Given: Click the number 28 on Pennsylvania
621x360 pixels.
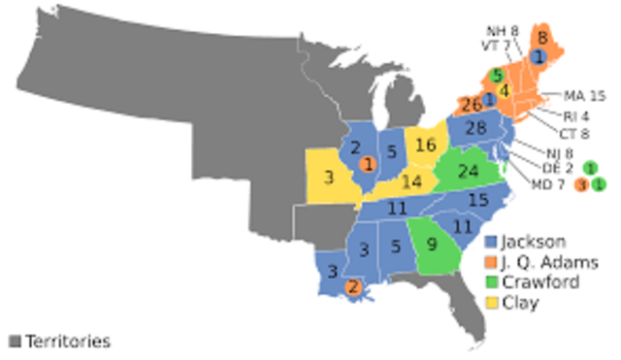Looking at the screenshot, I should [474, 129].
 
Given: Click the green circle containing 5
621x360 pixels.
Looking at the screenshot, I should [497, 75].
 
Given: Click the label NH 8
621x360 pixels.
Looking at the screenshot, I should [502, 30].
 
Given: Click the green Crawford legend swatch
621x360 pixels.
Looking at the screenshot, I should [492, 282].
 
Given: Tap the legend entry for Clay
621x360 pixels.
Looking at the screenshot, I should [522, 303].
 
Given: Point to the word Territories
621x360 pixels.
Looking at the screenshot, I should [67, 341].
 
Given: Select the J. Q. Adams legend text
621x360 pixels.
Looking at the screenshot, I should [550, 262].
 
